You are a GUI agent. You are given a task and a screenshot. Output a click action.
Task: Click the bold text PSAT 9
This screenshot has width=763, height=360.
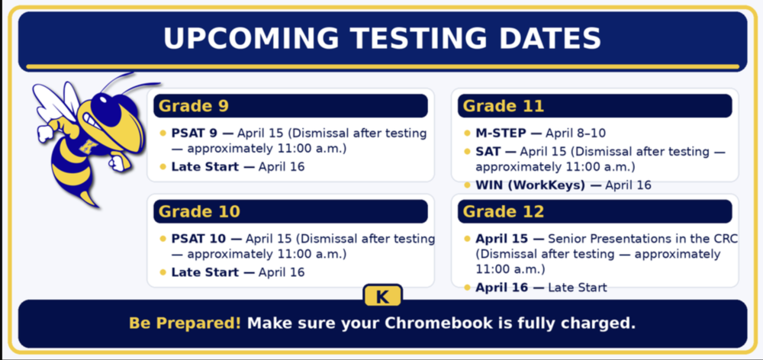click(x=194, y=133)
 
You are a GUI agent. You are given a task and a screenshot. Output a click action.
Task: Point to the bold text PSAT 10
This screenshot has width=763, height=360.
click(x=198, y=239)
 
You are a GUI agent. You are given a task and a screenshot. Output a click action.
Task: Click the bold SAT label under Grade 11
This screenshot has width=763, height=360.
click(x=489, y=152)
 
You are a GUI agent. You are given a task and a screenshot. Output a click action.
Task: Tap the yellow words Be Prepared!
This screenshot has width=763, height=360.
click(x=185, y=323)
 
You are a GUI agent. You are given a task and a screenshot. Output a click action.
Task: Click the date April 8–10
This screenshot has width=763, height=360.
click(x=575, y=133)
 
